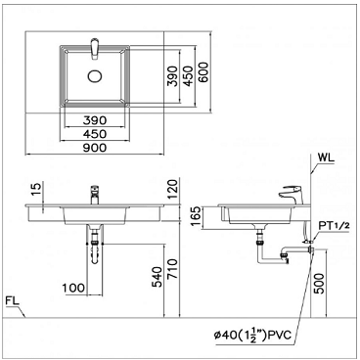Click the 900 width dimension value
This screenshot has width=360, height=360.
point(95,148)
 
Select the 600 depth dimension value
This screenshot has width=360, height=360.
point(203,72)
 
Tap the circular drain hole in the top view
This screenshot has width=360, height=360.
point(95,76)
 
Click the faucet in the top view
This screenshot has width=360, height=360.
point(95,49)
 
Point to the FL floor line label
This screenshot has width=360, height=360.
point(13,300)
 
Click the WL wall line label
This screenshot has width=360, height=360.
point(326,158)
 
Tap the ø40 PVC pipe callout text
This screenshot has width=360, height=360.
point(252,336)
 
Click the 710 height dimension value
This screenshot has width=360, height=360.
point(172,269)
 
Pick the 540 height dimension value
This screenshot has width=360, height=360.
point(157,277)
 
